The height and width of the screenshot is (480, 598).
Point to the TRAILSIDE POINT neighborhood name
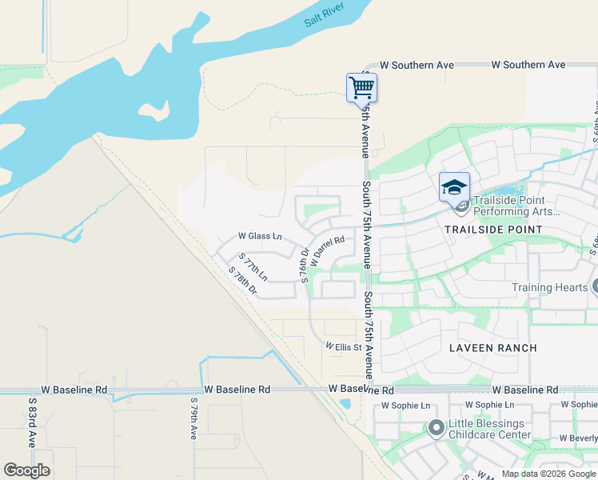coord(493,230)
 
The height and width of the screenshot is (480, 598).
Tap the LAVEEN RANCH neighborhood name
coord(493,348)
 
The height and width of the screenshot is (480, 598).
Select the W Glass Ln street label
coord(261,236)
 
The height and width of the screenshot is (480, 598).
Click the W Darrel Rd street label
coord(328,250)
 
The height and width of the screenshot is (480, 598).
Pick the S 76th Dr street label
coord(305,265)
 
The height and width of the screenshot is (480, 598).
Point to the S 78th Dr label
coord(242,281)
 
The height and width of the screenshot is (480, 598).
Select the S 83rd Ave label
coord(33,422)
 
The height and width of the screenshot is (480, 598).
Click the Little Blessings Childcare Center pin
coord(436,428)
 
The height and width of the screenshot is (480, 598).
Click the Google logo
coord(26,470)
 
